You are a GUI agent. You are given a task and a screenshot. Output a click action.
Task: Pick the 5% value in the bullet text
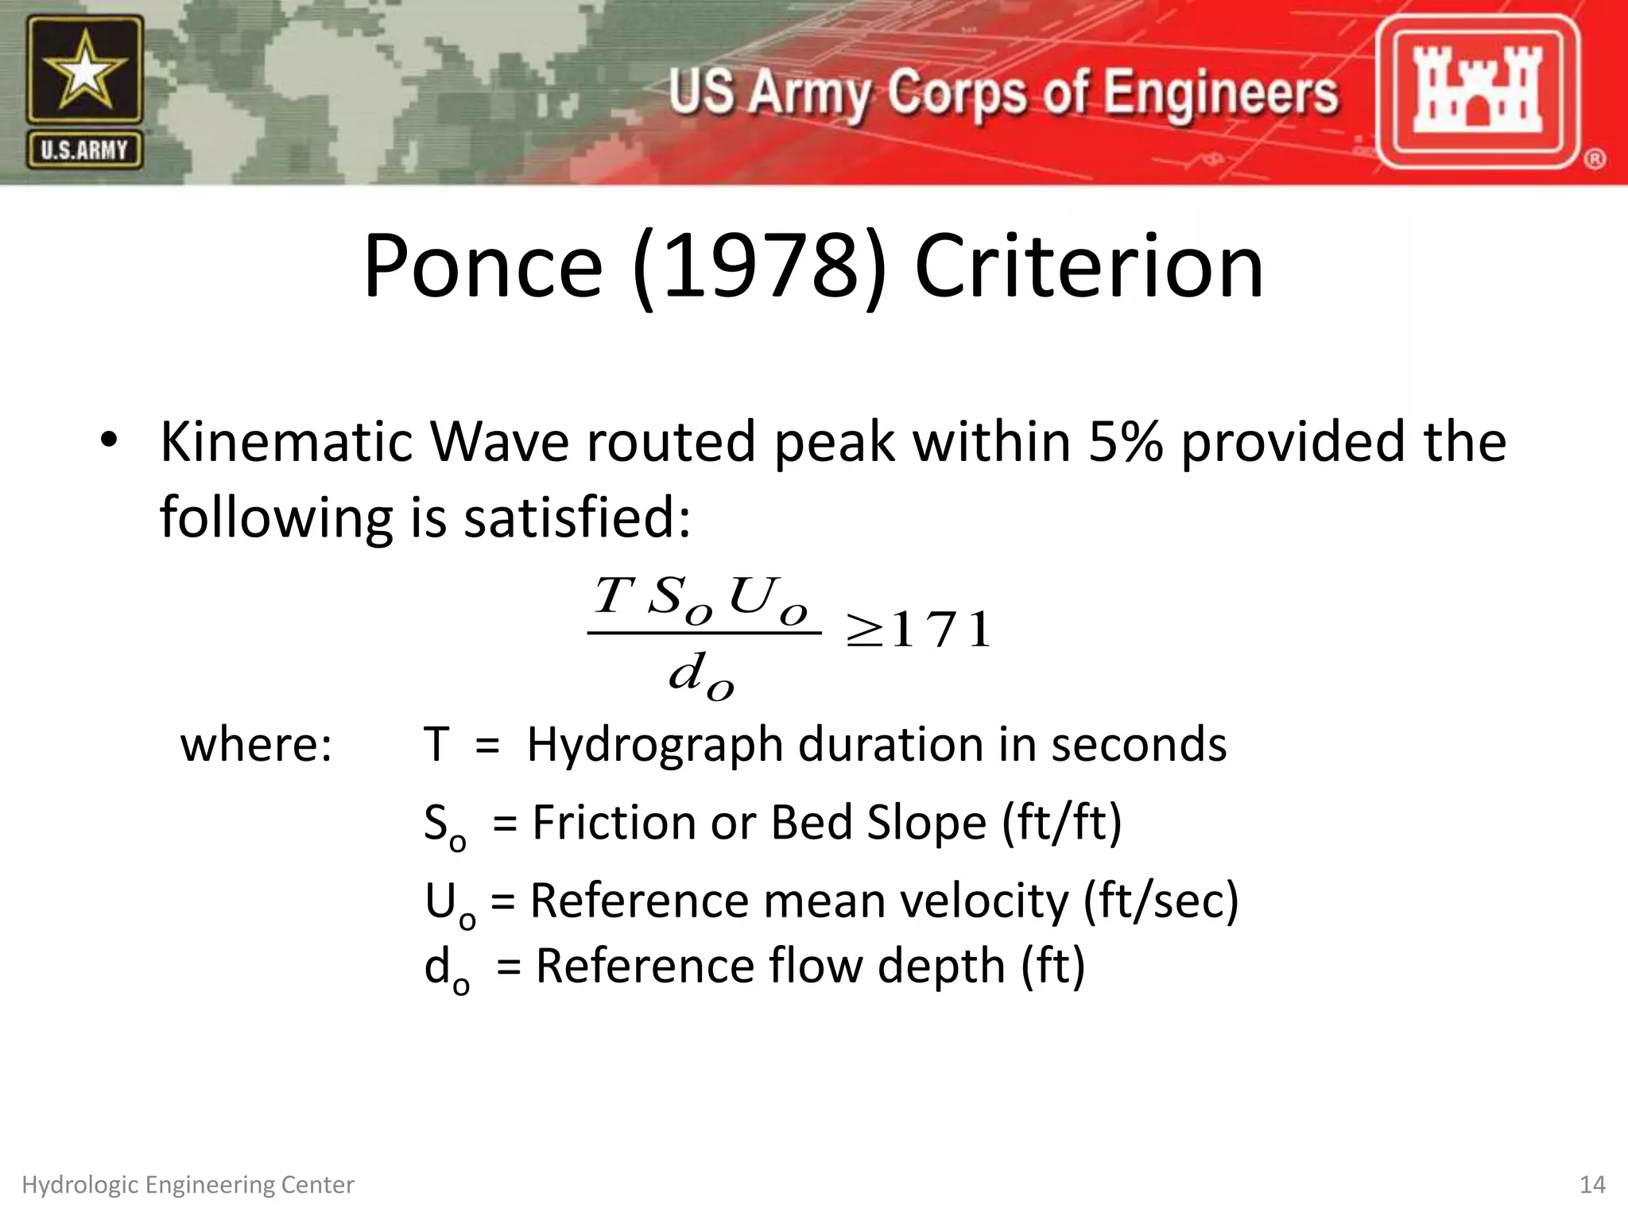(1123, 441)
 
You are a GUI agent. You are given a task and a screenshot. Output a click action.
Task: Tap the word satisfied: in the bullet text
(577, 517)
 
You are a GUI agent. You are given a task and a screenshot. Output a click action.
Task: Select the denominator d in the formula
(688, 673)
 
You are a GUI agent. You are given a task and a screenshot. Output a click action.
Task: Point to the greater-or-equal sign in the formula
(865, 632)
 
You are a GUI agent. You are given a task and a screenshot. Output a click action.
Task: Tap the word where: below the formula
(256, 745)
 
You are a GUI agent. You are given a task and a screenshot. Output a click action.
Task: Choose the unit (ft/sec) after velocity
(1161, 901)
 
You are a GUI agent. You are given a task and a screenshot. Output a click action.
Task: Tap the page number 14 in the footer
(1592, 1185)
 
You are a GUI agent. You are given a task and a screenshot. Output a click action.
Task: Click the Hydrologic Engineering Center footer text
(188, 1185)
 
